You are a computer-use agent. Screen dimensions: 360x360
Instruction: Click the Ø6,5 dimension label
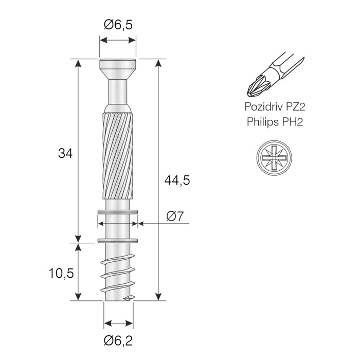(x=118, y=24)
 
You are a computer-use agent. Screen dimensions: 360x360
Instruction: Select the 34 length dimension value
(x=65, y=153)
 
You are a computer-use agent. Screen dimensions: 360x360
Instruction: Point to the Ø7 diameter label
(x=175, y=217)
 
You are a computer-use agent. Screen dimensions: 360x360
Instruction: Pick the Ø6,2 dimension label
(x=118, y=340)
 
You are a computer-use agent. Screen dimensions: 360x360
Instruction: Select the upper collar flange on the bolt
(x=118, y=211)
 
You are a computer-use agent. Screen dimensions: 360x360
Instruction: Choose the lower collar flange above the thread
(x=118, y=240)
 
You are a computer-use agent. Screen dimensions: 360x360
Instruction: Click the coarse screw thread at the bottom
(x=118, y=273)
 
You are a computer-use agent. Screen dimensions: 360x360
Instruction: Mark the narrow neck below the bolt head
(x=118, y=93)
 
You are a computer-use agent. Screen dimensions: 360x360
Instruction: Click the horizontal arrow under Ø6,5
(x=118, y=40)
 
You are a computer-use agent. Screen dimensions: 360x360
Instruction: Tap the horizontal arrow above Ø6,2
(x=118, y=323)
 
